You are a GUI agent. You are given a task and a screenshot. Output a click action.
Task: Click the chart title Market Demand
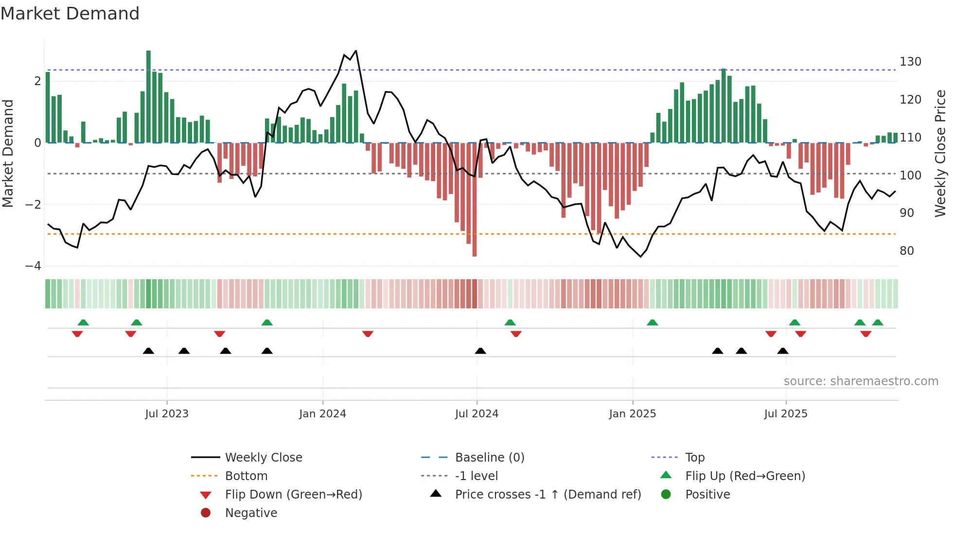(x=70, y=14)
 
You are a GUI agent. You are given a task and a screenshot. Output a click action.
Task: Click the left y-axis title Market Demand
(x=8, y=153)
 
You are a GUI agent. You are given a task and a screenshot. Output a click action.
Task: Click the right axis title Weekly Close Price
(x=940, y=153)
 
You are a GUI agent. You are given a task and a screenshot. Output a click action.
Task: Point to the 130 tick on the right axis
(x=910, y=62)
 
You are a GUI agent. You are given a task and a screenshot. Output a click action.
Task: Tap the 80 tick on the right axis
(x=906, y=251)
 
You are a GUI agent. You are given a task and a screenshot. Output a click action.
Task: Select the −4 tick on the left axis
(x=34, y=266)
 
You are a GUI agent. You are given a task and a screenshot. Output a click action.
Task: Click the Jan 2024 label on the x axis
(x=322, y=414)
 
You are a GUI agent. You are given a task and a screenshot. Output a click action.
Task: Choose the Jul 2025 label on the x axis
(x=785, y=414)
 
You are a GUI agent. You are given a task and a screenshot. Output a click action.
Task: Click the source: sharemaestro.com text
(x=861, y=381)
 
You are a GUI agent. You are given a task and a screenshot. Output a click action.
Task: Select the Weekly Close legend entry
(x=263, y=458)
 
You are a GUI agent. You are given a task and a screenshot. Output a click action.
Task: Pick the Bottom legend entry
(x=246, y=476)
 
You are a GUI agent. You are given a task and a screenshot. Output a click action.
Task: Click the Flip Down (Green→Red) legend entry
(x=293, y=495)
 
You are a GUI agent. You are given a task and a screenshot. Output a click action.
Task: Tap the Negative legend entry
(x=251, y=513)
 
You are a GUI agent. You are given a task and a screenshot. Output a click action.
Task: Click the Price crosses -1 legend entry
(x=547, y=495)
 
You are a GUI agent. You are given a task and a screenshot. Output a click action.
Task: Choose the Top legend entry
(x=695, y=458)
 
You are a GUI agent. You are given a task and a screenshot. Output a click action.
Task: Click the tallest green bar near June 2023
(x=148, y=97)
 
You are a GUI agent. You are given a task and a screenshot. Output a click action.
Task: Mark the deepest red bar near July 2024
(x=475, y=199)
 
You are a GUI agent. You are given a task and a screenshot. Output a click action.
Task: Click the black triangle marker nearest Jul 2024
(x=480, y=351)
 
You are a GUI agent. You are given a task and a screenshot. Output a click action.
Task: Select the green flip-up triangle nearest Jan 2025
(x=652, y=322)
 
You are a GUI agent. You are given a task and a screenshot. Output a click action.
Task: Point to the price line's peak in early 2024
(x=356, y=51)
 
